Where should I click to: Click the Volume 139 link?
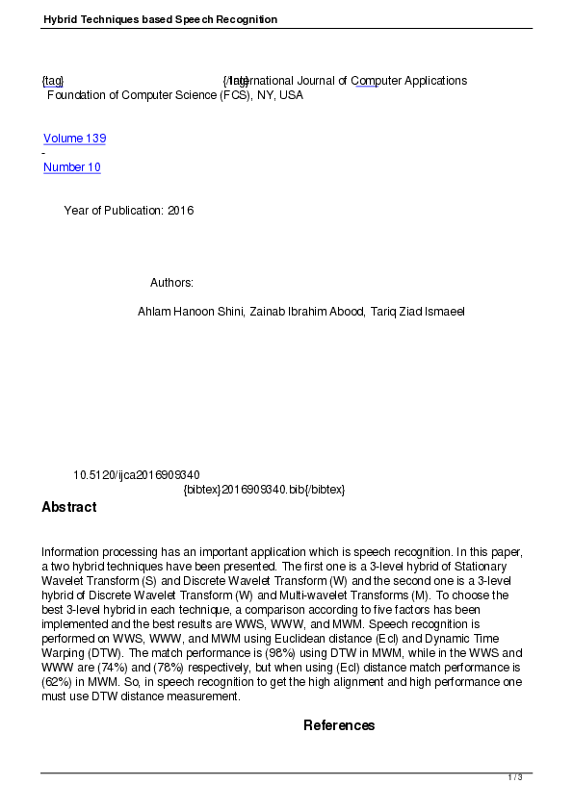pyautogui.click(x=74, y=139)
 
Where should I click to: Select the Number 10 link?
pyautogui.click(x=71, y=167)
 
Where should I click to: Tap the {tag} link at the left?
pyautogui.click(x=52, y=81)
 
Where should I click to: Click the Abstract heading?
pyautogui.click(x=68, y=507)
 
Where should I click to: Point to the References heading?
pyautogui.click(x=339, y=725)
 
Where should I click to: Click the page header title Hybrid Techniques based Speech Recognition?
pyautogui.click(x=160, y=19)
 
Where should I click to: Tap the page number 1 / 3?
pyautogui.click(x=515, y=777)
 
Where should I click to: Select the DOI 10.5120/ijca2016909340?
pyautogui.click(x=136, y=475)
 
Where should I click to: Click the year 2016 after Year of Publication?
pyautogui.click(x=180, y=211)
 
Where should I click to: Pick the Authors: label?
pyautogui.click(x=171, y=283)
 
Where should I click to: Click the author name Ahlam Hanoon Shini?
pyautogui.click(x=191, y=312)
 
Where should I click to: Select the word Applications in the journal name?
pyautogui.click(x=435, y=81)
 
